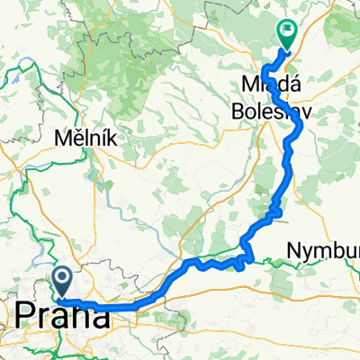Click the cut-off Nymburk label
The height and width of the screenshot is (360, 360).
pos(324,248)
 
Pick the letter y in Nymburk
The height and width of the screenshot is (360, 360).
pos(310,250)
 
